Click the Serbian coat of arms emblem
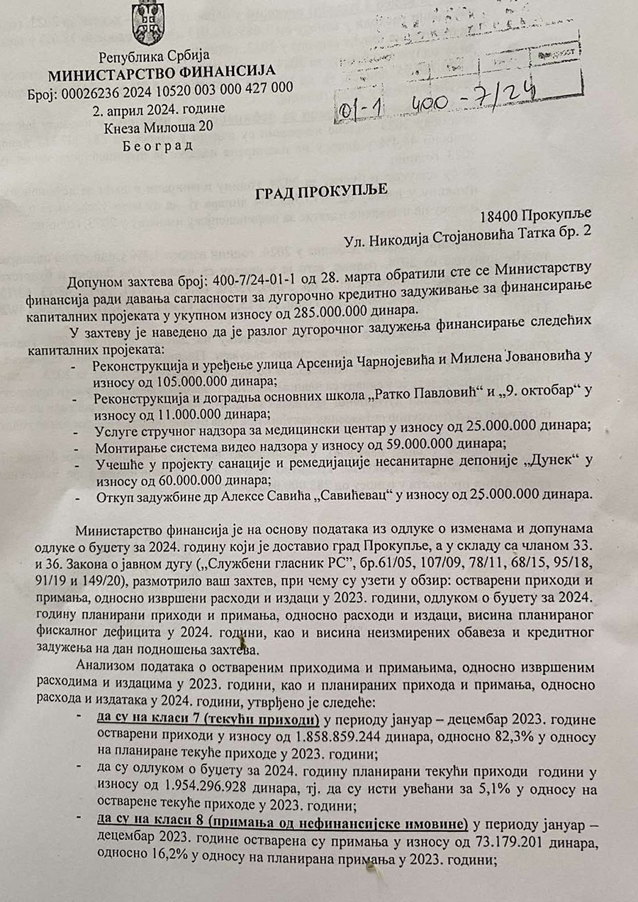coord(147,23)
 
